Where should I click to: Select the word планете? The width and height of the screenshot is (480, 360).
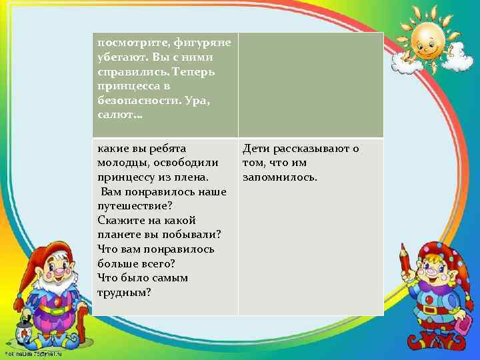[120, 235]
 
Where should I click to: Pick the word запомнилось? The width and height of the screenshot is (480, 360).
[280, 177]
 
